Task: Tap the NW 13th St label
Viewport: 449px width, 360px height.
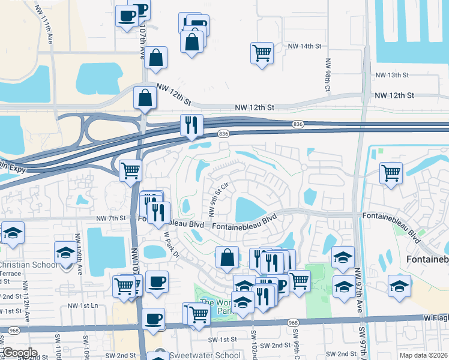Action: point(391,75)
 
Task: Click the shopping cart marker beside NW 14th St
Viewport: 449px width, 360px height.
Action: point(262,53)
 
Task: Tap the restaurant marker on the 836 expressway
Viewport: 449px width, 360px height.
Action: point(191,125)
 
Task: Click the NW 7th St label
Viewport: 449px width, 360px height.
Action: point(111,218)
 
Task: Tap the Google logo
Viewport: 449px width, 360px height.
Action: point(19,353)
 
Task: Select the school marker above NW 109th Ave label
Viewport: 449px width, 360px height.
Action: point(65,252)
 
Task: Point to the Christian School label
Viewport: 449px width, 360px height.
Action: point(28,265)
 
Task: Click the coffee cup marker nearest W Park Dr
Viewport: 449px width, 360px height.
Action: point(157,281)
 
